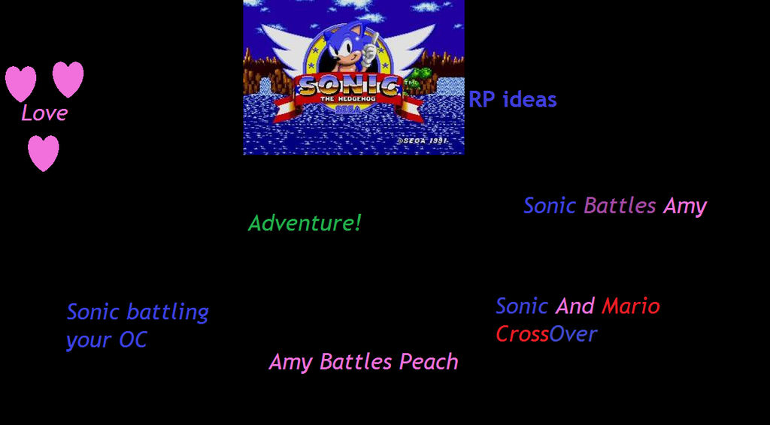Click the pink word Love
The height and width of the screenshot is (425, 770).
point(44,113)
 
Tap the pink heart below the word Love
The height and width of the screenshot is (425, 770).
point(44,152)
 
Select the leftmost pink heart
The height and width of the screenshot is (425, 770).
point(20,83)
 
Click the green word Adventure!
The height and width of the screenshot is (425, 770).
point(305,223)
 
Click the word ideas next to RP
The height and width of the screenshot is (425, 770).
point(529,100)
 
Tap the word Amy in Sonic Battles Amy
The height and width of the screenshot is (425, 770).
point(684,206)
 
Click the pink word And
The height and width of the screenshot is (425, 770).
point(575,306)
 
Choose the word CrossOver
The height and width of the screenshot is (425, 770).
point(546,334)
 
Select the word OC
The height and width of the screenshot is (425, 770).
point(132,340)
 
